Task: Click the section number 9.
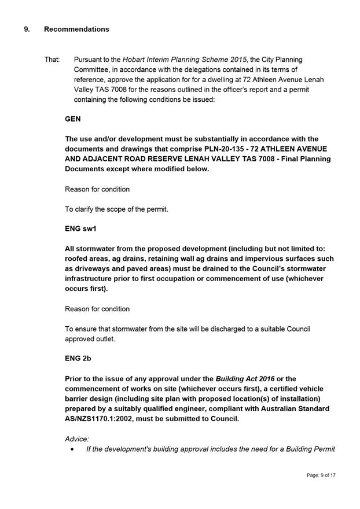point(27,29)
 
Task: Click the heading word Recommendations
point(76,29)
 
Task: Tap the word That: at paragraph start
point(52,60)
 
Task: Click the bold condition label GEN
point(72,119)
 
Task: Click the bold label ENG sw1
point(80,229)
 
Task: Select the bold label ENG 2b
point(78,359)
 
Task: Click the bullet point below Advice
point(71,449)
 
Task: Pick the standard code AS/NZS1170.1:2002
point(102,419)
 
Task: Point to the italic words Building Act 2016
point(245,379)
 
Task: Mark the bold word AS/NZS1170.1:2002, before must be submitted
point(102,419)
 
